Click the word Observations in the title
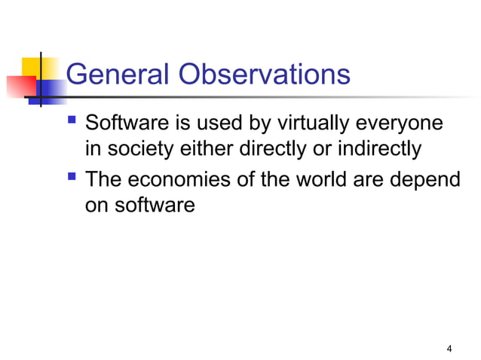[265, 75]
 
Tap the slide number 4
[449, 348]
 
